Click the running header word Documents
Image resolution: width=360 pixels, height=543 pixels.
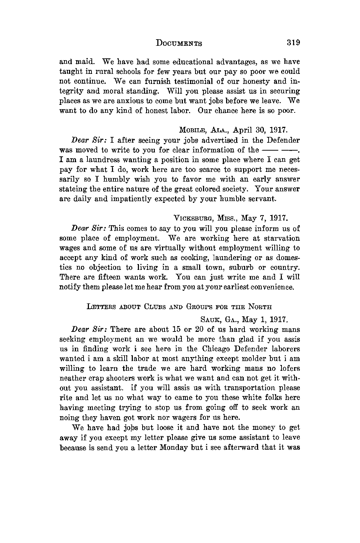tap(179, 43)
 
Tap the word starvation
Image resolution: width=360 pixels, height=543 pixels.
tap(282, 239)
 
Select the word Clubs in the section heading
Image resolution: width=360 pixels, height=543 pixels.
tap(147, 307)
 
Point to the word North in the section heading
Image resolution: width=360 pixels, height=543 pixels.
tap(258, 307)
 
